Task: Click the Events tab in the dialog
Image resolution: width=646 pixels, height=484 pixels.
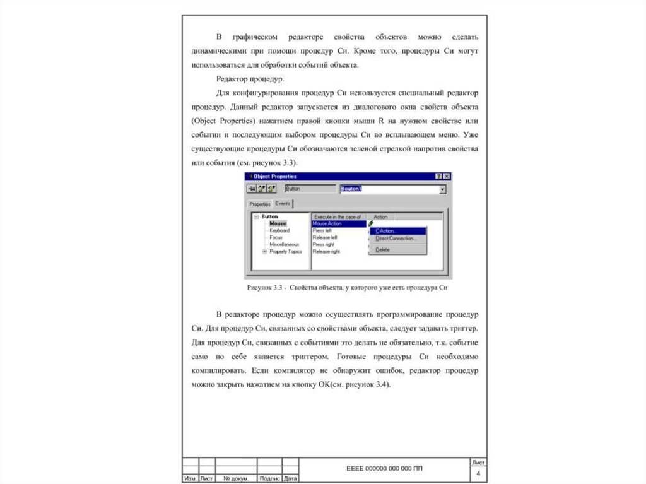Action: tap(283, 203)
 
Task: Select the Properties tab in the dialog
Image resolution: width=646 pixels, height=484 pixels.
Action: tap(259, 204)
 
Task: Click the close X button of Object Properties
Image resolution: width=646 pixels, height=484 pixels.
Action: tap(447, 176)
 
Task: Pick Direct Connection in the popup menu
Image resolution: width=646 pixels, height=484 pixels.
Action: tap(395, 239)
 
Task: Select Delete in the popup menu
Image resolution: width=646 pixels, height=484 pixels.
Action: tap(382, 250)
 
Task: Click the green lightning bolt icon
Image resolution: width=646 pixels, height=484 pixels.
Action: tap(371, 223)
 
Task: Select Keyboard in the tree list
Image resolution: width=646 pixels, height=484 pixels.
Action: tap(279, 230)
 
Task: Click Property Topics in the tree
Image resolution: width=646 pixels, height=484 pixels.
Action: tap(286, 251)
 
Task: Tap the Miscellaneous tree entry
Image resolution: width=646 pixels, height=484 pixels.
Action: tap(284, 244)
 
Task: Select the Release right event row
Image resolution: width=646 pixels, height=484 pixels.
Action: tap(326, 251)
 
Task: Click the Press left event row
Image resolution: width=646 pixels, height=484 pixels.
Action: tap(323, 230)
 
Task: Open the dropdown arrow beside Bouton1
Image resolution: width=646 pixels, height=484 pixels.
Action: tap(442, 189)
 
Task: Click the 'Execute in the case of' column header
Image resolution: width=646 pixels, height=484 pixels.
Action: tap(338, 216)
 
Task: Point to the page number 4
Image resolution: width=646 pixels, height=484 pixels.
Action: tap(478, 474)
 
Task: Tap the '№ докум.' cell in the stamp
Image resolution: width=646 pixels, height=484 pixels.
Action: tap(236, 479)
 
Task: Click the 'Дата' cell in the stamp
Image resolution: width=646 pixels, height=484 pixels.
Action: tap(290, 479)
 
